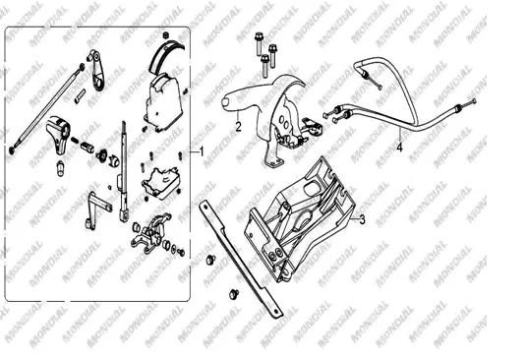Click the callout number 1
(x=202, y=152)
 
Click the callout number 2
(x=238, y=127)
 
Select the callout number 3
(x=362, y=219)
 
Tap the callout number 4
(x=399, y=147)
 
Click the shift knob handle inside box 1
(x=58, y=133)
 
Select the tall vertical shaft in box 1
(x=124, y=171)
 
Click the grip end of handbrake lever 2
(x=228, y=101)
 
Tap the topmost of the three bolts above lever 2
(x=259, y=43)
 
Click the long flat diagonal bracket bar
(x=240, y=259)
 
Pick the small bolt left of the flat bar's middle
(x=210, y=259)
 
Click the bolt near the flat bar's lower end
(x=234, y=294)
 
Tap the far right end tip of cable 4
(x=474, y=101)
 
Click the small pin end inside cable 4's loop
(x=380, y=88)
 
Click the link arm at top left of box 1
(x=97, y=70)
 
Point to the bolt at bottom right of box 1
(x=181, y=253)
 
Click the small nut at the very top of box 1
(x=165, y=35)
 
